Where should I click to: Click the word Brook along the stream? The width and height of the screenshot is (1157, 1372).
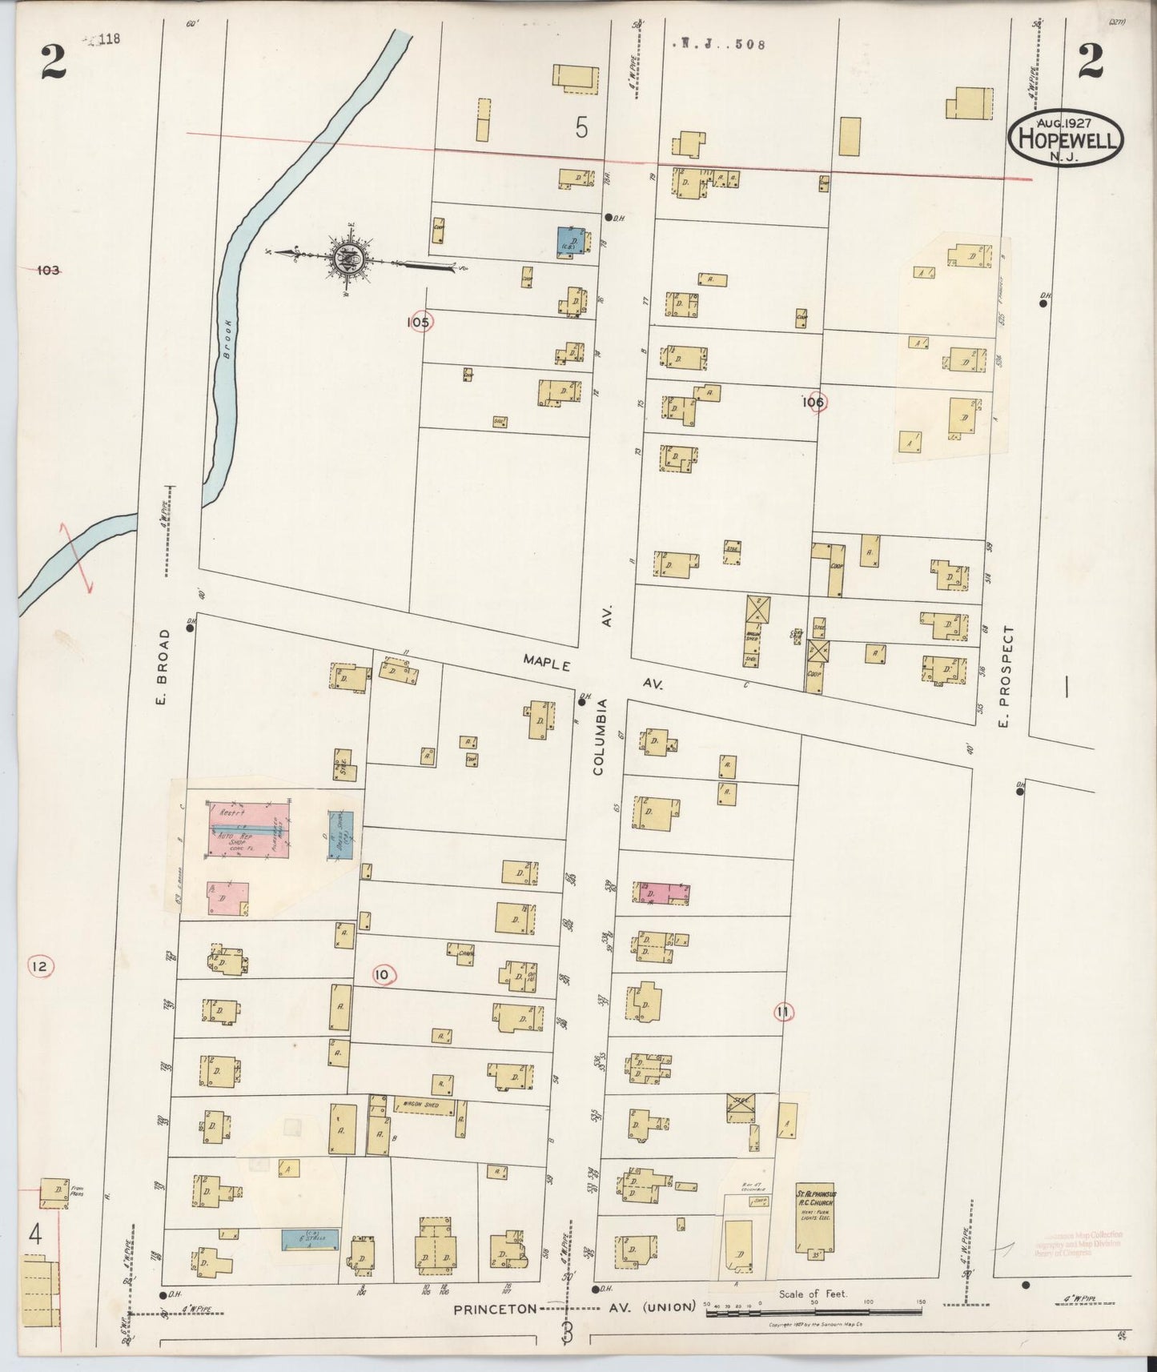(x=227, y=339)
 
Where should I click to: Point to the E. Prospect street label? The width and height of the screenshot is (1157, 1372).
(x=1007, y=676)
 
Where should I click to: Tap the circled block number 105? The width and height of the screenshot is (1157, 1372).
(x=419, y=322)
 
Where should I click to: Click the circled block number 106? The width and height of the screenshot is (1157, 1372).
(x=814, y=403)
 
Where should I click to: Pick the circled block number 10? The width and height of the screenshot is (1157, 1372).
(x=384, y=974)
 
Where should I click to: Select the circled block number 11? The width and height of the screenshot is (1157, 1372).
(x=782, y=1013)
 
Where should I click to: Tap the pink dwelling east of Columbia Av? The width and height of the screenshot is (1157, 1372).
(x=664, y=893)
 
